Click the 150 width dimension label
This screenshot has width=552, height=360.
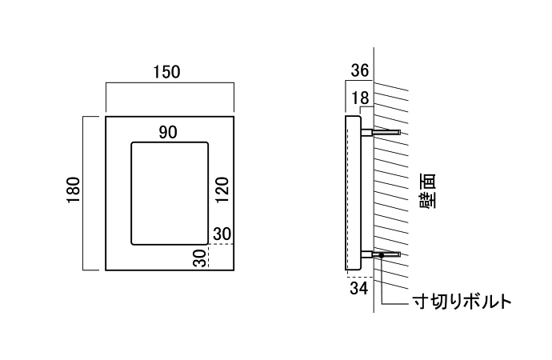pos(166,72)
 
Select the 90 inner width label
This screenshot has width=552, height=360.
pos(167,133)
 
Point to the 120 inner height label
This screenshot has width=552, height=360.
pos(222,191)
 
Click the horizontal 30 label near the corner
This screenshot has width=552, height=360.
pos(223,234)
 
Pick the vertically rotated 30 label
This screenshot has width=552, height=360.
pos(198,258)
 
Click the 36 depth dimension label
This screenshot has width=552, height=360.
pos(360,70)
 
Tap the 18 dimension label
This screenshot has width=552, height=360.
pos(360,97)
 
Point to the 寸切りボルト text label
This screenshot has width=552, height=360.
pos(462,302)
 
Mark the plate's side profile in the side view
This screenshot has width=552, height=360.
pos(353,192)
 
